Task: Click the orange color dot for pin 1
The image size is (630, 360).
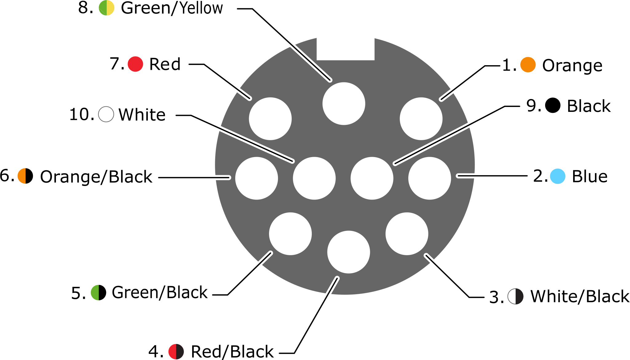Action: point(528,65)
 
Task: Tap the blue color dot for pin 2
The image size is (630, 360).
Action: point(557,176)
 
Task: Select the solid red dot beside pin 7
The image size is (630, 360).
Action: point(135,64)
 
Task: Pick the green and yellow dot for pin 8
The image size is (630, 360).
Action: point(106,8)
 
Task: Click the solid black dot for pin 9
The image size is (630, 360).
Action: point(553,105)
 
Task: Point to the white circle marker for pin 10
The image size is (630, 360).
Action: point(106,114)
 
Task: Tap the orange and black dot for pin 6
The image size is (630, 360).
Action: point(25,176)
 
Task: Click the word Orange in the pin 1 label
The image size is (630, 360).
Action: point(572,66)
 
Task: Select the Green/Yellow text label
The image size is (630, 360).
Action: point(172,8)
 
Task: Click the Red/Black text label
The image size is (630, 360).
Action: point(232,352)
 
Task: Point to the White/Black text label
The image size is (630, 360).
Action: point(580,297)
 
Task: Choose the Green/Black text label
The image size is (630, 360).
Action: point(160,292)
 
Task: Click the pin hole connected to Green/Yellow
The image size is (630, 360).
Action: point(344,104)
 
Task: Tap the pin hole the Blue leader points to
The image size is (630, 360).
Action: point(430,178)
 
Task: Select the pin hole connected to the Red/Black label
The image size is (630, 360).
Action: point(348,252)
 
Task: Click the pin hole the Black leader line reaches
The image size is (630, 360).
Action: point(372,178)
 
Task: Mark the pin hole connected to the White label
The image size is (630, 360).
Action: point(314,178)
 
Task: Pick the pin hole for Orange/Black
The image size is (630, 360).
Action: point(256,178)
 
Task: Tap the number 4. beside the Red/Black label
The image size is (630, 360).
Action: point(156,352)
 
